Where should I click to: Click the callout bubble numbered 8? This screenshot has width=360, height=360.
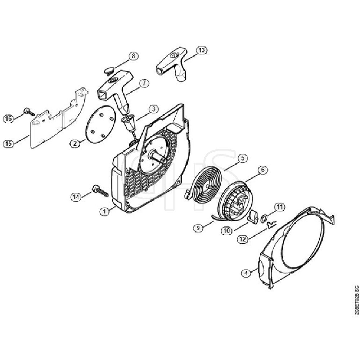134,57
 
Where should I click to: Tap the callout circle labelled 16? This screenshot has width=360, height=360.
8,119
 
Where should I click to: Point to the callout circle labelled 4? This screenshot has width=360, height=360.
246,274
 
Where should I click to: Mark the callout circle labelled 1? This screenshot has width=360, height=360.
105,211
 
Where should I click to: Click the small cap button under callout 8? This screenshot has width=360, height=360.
108,71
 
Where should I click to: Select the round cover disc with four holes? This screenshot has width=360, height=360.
101,125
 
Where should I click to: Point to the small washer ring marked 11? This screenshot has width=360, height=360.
263,217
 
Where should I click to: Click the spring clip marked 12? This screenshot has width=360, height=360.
271,224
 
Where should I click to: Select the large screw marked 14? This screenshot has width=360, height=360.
100,190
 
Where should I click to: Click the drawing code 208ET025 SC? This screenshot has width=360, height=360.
356,301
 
